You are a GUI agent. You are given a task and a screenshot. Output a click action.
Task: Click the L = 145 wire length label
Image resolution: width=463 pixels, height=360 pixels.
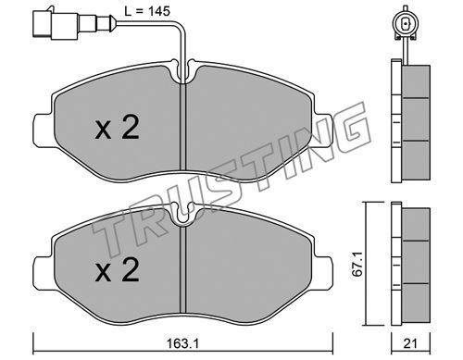click(x=147, y=11)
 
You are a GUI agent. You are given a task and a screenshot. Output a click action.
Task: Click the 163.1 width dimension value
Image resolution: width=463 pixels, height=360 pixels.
click(x=182, y=343)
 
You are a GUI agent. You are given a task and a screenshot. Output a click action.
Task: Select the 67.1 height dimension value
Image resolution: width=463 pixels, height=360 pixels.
click(x=357, y=264)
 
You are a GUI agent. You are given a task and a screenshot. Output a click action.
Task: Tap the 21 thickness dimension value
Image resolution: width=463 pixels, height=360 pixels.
click(x=410, y=343)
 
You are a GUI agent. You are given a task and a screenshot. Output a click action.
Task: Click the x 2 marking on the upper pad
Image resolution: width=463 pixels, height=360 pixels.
click(x=118, y=127)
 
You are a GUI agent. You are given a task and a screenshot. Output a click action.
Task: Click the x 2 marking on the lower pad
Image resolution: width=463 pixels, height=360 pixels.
click(x=118, y=270)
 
